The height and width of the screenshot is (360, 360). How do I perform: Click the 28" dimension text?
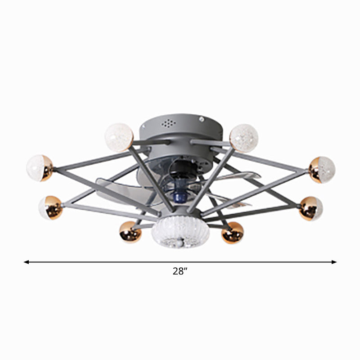[x=180, y=271]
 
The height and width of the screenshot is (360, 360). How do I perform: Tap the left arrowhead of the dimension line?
[x=27, y=261]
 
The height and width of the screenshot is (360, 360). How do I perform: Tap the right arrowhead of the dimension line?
[x=334, y=261]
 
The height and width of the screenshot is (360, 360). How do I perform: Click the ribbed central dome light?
[x=175, y=233]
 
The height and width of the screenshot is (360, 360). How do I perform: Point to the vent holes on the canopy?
[x=168, y=122]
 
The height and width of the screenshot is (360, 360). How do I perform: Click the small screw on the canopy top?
[x=202, y=120]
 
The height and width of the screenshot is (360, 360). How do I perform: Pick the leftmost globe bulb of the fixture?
[x=40, y=168]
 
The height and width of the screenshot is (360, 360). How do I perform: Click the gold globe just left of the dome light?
[x=130, y=232]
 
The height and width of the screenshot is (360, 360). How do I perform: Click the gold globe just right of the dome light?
[x=232, y=232]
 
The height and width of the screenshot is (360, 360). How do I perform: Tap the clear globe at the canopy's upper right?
[x=244, y=136]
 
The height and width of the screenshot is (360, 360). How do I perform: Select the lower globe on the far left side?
[x=50, y=207]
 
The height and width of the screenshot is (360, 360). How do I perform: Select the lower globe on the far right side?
[x=311, y=208]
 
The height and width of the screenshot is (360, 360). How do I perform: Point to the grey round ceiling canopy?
[x=180, y=128]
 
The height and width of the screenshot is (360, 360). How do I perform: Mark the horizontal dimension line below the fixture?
[x=112, y=261]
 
